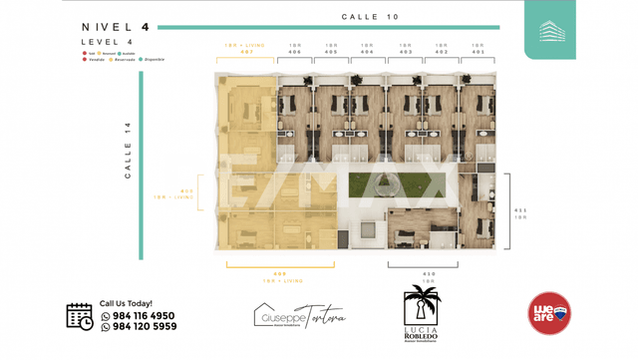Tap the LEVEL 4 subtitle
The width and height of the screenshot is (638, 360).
point(107,42)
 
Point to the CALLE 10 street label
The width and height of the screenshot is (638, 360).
point(356,17)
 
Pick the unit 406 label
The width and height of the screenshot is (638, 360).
point(295,51)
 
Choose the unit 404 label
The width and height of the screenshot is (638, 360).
point(367,51)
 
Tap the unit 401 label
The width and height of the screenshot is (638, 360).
point(477,51)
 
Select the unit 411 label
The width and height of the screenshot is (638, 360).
point(519,211)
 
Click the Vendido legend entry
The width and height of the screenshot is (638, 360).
point(95,59)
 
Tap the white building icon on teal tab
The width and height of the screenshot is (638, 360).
point(551,32)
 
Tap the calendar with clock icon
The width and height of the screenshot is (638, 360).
point(81,316)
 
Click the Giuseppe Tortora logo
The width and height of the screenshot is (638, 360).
point(299,315)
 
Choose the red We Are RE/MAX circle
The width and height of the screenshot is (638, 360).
point(548,313)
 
